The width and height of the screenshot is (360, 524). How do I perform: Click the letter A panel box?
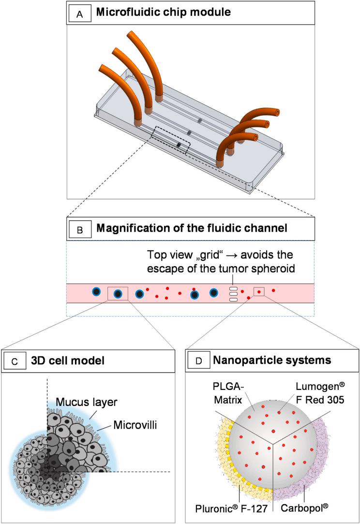79,14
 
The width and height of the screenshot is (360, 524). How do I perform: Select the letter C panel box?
15,361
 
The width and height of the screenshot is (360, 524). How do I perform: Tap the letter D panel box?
198,360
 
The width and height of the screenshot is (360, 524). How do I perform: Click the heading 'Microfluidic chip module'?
164,12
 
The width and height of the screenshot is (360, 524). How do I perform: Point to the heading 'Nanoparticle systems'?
272,360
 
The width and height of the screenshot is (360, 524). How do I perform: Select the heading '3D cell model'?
68,360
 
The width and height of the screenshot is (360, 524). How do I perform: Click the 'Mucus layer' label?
87,402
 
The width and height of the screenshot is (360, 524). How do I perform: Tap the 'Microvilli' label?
135,425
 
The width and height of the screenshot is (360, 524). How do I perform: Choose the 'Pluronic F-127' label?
231,509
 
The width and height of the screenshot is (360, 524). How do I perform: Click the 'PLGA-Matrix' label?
227,393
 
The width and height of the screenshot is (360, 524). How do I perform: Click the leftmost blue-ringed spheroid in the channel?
96,291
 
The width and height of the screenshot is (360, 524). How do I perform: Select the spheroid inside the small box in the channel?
118,294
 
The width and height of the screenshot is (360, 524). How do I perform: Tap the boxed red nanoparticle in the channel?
259,292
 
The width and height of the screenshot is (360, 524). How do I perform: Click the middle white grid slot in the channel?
233,294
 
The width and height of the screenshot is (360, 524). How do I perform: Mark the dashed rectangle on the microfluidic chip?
171,141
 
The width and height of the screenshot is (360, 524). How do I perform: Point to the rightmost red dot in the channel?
273,290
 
